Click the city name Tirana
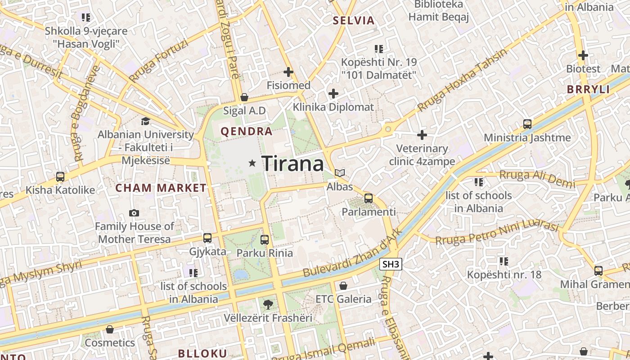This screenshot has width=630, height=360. click(292, 163)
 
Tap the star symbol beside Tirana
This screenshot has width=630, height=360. click(252, 163)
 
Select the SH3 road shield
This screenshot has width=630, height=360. click(390, 264)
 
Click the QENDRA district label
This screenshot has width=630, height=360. click(247, 131)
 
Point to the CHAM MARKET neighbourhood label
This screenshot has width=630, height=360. click(161, 188)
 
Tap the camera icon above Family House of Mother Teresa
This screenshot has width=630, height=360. click(134, 213)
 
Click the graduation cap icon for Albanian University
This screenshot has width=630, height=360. click(145, 121)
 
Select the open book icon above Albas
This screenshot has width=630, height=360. click(340, 173)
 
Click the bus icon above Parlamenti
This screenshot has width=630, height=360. click(369, 198)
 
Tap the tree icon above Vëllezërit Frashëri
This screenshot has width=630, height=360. click(268, 304)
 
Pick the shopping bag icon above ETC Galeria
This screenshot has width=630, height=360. click(343, 285)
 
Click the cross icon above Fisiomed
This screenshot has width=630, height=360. click(288, 72)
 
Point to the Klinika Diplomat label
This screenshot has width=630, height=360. click(333, 107)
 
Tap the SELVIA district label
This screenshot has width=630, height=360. click(354, 20)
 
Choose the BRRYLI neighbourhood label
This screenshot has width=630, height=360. click(588, 89)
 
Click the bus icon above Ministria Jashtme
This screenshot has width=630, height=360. click(527, 124)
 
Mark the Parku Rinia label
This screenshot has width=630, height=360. click(265, 253)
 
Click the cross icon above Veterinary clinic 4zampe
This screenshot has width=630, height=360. click(422, 135)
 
